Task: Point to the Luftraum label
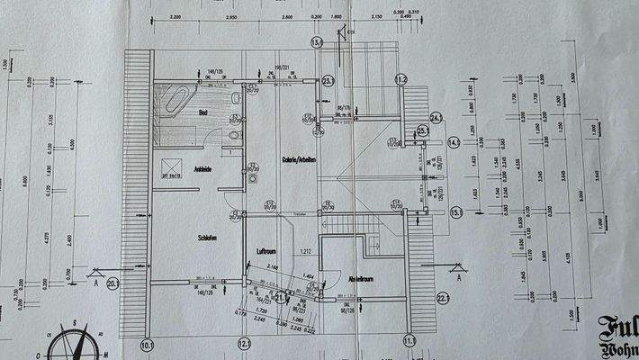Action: tap(270, 251)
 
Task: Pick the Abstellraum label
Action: tap(360, 279)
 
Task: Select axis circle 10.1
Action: tap(148, 343)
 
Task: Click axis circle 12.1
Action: tap(243, 343)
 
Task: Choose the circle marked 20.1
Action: tap(113, 283)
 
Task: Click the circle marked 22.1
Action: tap(443, 299)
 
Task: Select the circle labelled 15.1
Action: tap(456, 212)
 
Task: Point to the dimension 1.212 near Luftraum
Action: tap(305, 251)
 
